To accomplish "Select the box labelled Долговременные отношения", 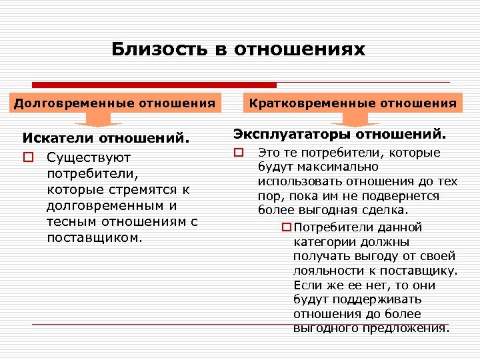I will tap(115, 103).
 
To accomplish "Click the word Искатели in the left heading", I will tap(59, 139).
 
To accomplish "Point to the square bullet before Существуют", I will tap(27, 158).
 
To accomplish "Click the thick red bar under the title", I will tap(155, 85).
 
